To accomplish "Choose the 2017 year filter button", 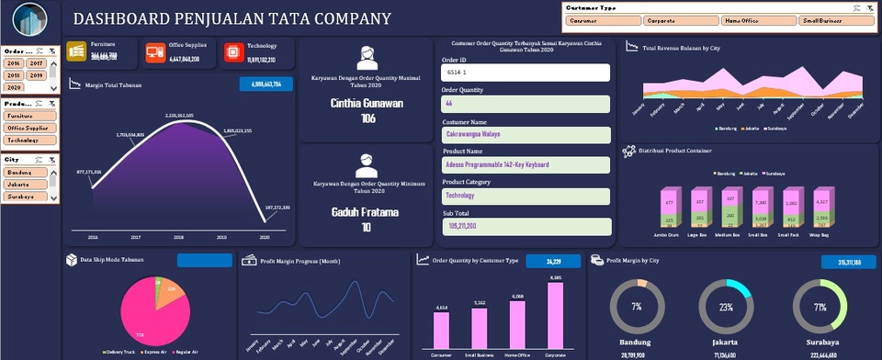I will (36, 63).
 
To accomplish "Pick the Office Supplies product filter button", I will (27, 128).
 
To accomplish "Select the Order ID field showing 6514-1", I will (526, 72).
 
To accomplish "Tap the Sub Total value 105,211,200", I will (526, 225).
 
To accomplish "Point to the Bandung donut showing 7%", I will (637, 306).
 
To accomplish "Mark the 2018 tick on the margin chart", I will (178, 236).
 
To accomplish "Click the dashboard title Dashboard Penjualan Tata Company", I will (231, 19).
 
